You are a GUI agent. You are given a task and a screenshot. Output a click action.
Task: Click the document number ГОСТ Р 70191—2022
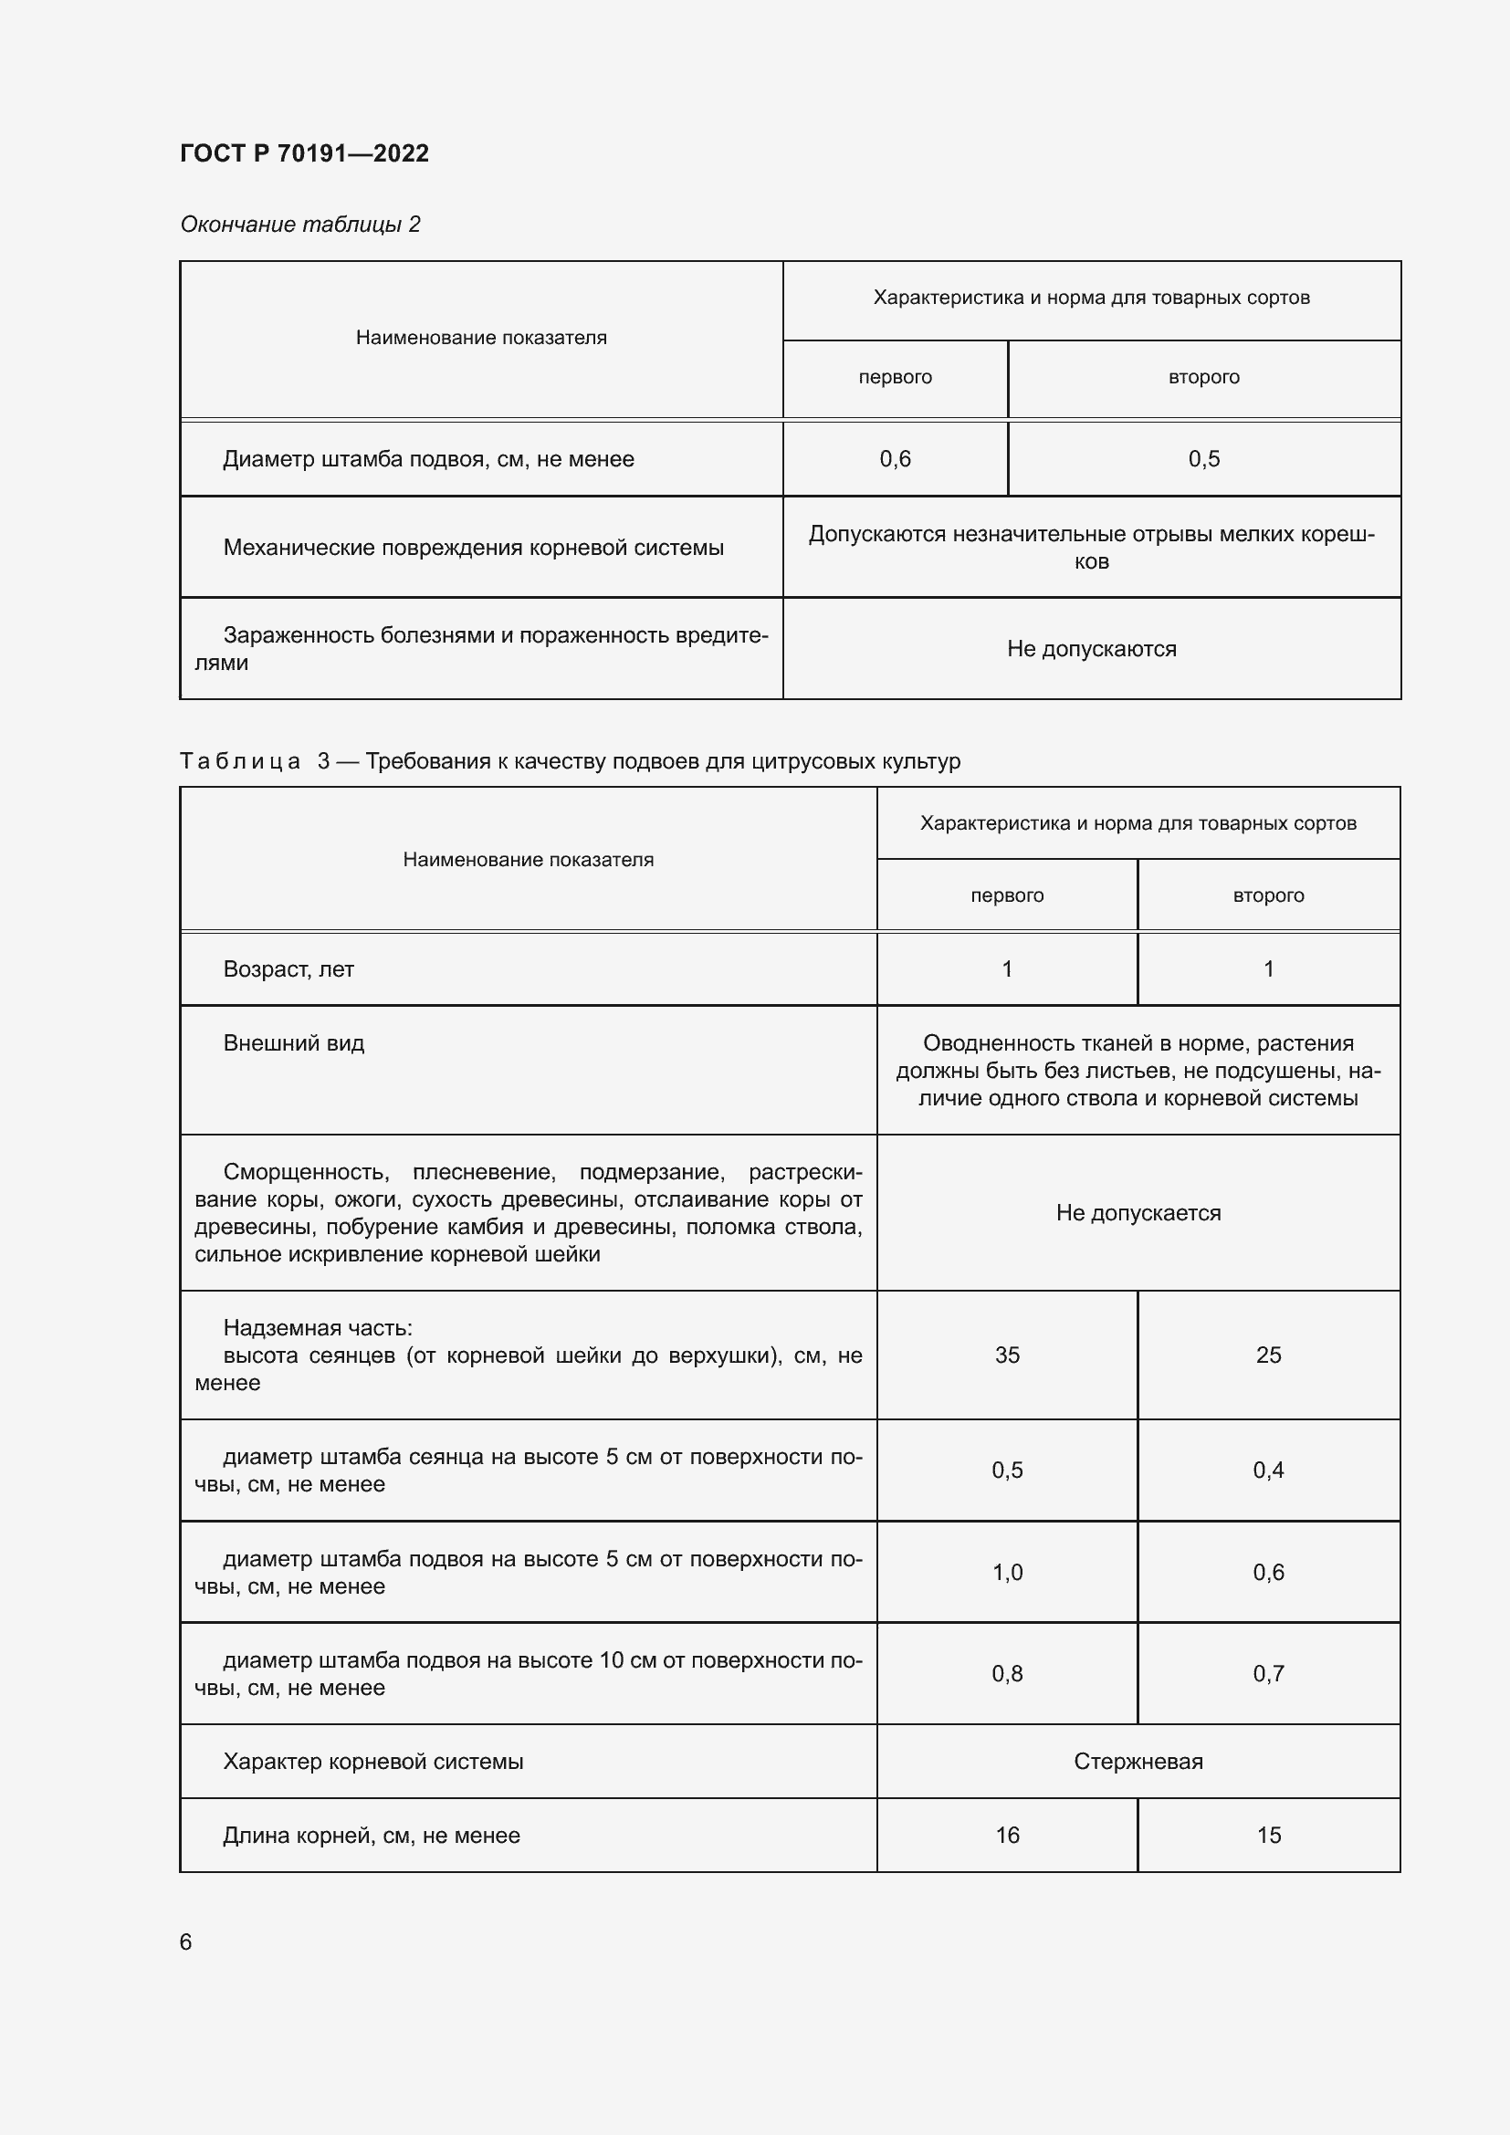click(304, 153)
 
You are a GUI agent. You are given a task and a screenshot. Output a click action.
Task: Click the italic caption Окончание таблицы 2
click(299, 225)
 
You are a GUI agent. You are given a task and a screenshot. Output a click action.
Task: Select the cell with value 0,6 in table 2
click(895, 458)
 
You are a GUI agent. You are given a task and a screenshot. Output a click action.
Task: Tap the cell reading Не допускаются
click(1091, 649)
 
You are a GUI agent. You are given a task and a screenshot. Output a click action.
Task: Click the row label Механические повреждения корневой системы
click(472, 548)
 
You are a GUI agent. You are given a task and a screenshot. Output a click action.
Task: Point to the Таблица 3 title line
click(569, 761)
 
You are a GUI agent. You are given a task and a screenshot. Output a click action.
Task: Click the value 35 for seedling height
click(1007, 1355)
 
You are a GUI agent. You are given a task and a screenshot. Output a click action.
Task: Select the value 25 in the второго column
click(1268, 1355)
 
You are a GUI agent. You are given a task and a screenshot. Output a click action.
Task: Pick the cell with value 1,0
click(1007, 1573)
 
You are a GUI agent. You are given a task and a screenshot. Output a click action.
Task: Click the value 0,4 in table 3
click(1268, 1470)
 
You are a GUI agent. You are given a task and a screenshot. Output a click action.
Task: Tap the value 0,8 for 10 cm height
click(1007, 1674)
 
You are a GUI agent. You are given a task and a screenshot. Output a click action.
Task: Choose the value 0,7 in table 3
click(1268, 1674)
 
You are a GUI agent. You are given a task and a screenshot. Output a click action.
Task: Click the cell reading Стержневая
click(1138, 1761)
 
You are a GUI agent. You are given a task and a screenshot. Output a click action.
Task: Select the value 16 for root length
click(1007, 1835)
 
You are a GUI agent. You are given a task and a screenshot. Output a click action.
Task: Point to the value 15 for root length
click(1268, 1835)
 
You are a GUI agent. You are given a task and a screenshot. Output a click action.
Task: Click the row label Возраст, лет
click(288, 969)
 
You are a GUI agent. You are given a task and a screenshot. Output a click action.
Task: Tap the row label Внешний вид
click(293, 1043)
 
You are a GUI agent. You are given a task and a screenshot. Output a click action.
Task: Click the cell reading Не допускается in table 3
click(1138, 1212)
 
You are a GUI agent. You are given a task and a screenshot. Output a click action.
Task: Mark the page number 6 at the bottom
click(186, 1941)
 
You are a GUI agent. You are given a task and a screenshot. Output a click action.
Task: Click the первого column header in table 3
click(1007, 895)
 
